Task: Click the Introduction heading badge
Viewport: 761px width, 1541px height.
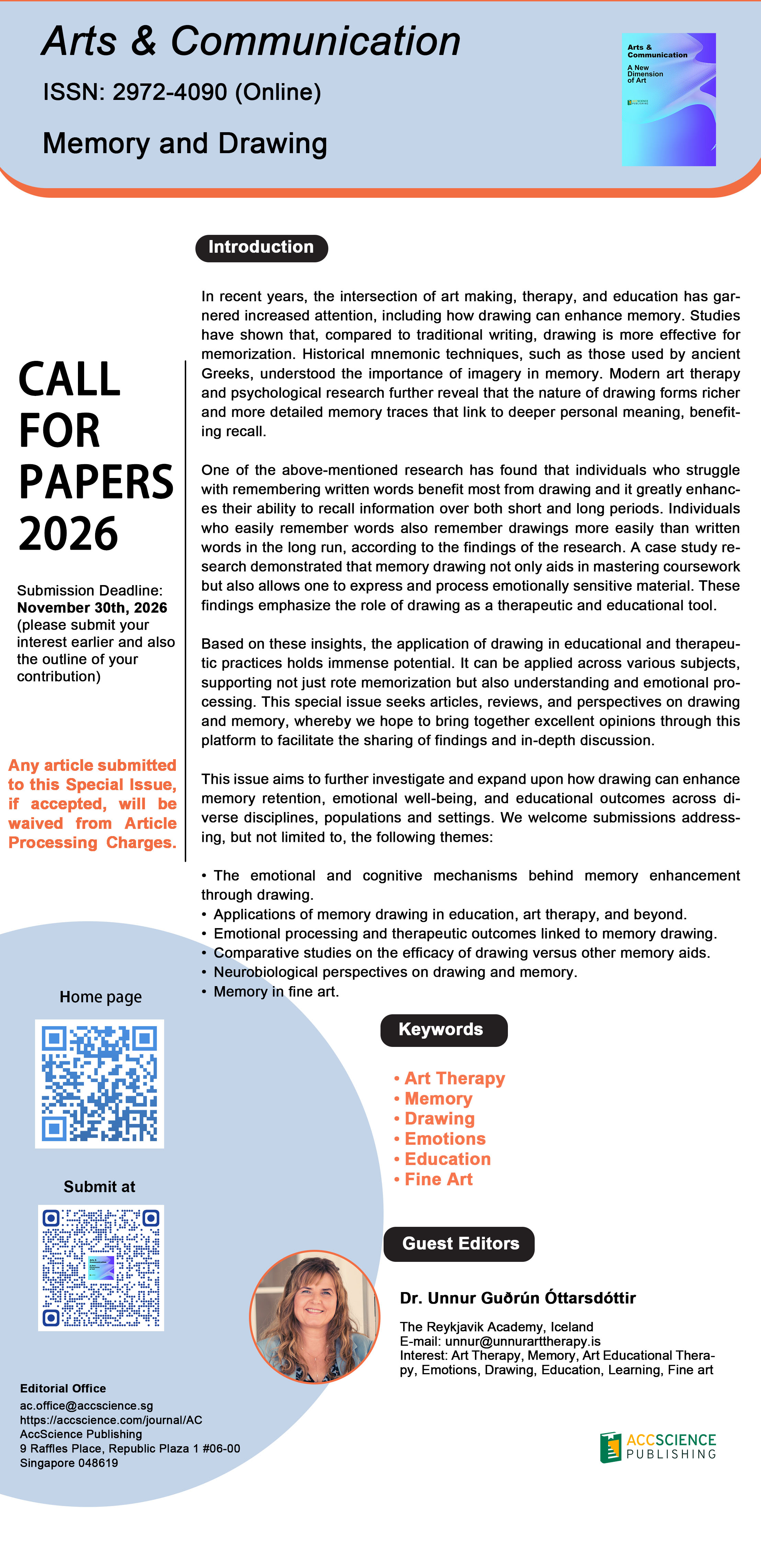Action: [261, 248]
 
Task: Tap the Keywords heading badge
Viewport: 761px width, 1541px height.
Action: [443, 1029]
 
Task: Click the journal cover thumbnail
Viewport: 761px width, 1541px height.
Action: [668, 99]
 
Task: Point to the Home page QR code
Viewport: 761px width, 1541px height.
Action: [99, 1083]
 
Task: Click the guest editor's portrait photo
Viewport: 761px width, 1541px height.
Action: [314, 1316]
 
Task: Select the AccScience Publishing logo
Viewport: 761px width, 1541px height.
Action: [658, 1447]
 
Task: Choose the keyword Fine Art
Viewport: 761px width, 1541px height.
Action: [439, 1179]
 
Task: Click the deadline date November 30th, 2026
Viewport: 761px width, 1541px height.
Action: [92, 608]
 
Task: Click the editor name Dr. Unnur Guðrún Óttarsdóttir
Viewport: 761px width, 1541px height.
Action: [518, 1298]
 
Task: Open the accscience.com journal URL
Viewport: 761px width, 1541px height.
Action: [111, 1419]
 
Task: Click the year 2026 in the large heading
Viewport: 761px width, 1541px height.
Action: [68, 533]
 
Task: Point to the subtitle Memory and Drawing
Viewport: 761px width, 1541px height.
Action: [185, 144]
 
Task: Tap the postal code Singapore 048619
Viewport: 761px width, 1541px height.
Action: [69, 1463]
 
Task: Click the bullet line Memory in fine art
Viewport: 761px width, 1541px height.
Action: [276, 991]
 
